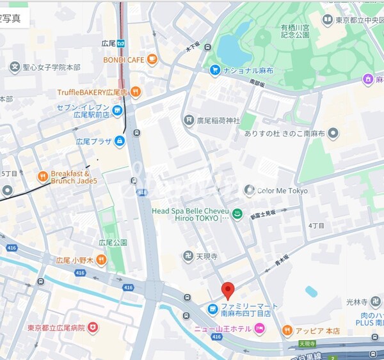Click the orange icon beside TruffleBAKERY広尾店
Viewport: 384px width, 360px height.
tap(135, 93)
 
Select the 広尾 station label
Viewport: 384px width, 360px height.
tap(108, 43)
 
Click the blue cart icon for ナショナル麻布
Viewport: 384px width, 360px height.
tap(216, 69)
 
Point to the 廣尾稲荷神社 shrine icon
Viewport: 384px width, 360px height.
tap(189, 120)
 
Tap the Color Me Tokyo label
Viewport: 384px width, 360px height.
tap(282, 191)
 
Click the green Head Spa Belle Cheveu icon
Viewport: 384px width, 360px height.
tap(237, 215)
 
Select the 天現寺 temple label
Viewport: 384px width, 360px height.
tap(207, 256)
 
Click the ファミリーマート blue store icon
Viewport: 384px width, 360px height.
tap(212, 309)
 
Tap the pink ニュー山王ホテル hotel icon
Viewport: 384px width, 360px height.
tap(260, 329)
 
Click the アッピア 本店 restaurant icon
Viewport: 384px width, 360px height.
tap(287, 331)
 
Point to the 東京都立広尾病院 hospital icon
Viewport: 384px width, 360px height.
tap(94, 327)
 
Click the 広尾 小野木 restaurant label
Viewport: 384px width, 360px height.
tap(74, 260)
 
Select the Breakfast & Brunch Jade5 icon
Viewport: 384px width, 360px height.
tap(42, 176)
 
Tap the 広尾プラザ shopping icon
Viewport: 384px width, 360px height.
tap(120, 141)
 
